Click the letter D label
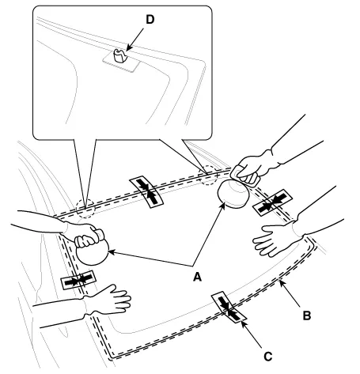pos(150,20)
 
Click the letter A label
pos(197,277)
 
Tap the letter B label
pos(307,315)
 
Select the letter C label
pos(268,357)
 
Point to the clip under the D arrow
pos(119,56)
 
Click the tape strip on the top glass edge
pos(146,191)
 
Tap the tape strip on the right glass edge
pos(272,202)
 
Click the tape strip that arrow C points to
pos(229,307)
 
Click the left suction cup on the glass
pos(92,251)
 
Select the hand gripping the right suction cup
pos(253,168)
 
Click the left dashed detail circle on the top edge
pos(85,209)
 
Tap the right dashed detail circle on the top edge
pos(207,175)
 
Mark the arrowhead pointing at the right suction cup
pos(222,206)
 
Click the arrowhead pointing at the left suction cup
pos(111,252)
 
